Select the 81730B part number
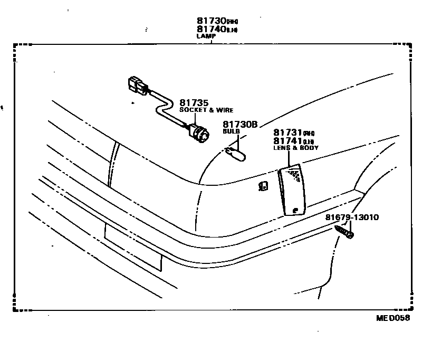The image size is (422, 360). (x=239, y=125)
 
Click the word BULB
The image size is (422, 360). (x=231, y=131)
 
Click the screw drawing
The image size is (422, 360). (x=343, y=232)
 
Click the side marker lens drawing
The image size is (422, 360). (x=292, y=190)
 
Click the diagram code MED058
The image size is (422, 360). (x=392, y=318)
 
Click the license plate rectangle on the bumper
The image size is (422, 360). (x=133, y=248)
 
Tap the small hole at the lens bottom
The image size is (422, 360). (x=294, y=210)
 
